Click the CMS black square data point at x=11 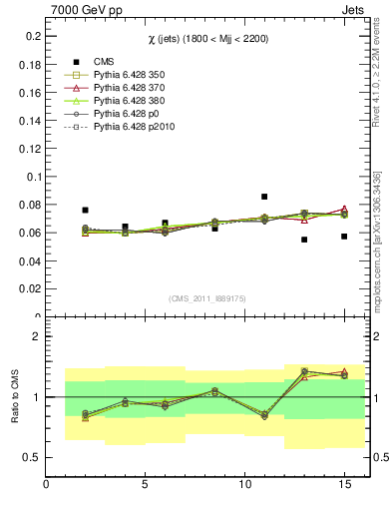[264, 197]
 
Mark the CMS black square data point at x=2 [86, 211]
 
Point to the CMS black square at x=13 [304, 240]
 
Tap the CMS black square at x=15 [344, 237]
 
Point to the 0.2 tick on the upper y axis [33, 36]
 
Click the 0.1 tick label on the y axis [33, 177]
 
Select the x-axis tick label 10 [244, 484]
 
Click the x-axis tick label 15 [344, 484]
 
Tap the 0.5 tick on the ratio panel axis [33, 457]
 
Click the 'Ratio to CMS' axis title [15, 397]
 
